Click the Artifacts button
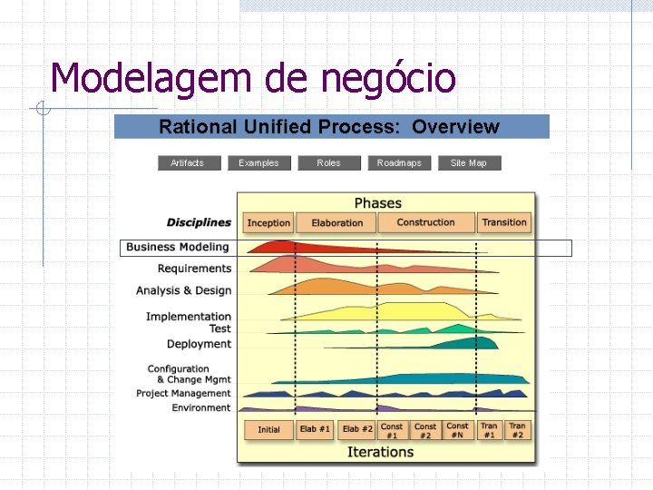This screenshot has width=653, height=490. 188,163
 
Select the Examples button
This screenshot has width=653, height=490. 258,163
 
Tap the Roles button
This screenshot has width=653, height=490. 328,163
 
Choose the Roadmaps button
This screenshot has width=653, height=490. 399,163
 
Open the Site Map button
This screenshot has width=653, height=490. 469,163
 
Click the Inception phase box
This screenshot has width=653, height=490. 268,222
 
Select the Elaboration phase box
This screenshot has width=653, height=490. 336,222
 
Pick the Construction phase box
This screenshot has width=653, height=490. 425,222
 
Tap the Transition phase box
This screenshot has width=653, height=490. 504,222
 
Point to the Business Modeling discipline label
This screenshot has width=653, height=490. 178,247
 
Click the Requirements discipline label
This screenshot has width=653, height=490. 194,269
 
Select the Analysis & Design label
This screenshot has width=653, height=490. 183,291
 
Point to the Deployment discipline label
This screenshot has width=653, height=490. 199,344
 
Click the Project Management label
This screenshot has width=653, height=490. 183,394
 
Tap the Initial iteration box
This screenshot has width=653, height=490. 268,429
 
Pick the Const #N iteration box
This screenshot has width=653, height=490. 458,429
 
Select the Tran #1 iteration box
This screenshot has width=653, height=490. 489,429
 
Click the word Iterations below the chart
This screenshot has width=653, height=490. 380,452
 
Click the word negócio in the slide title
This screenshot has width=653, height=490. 387,79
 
